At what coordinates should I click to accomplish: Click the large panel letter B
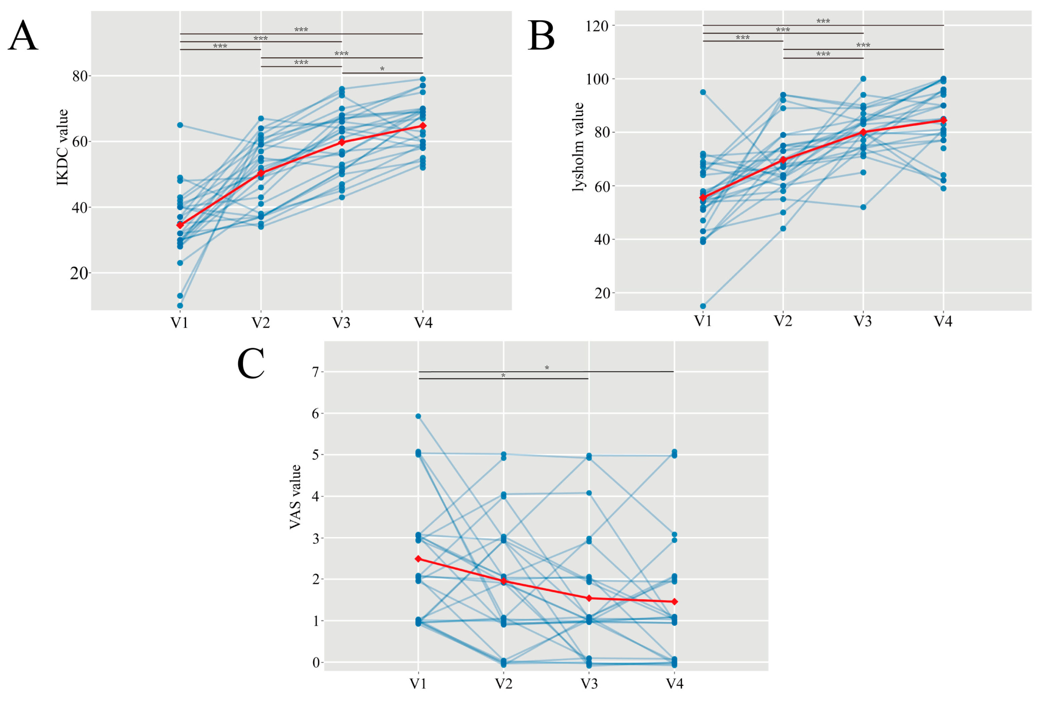pos(541,35)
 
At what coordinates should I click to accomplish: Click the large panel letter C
pos(251,364)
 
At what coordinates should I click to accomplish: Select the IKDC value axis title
pos(62,147)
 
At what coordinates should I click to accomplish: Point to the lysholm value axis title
pos(578,147)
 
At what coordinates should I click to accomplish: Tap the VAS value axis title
pos(295,497)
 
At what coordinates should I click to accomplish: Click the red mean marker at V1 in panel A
pos(180,225)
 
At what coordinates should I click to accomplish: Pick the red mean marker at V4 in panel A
pos(423,126)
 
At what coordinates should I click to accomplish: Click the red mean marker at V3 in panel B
pos(863,132)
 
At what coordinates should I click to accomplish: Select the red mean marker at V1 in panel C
pos(418,559)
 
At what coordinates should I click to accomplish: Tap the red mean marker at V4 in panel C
pos(674,602)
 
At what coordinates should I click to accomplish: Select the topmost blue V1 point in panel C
pos(418,416)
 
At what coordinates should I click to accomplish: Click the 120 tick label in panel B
pos(597,26)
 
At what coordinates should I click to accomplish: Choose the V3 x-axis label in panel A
pos(342,322)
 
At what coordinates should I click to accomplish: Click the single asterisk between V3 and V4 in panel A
pos(382,68)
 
